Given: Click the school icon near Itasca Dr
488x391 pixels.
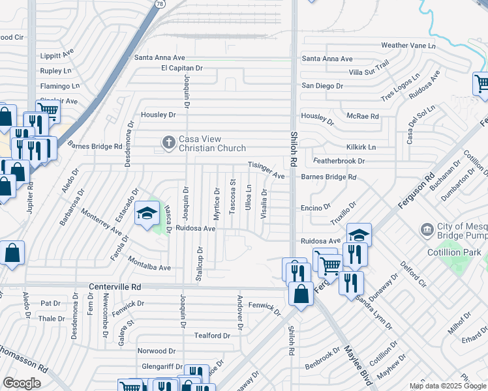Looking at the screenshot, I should click(147, 212).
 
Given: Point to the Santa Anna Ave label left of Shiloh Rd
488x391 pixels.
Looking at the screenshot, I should click(160, 57).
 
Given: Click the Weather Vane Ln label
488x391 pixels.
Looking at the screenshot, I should click(408, 46).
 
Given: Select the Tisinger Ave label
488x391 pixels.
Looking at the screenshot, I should click(266, 171).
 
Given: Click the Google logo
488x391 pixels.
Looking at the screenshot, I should click(22, 383).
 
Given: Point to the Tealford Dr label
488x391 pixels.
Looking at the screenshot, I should click(213, 336).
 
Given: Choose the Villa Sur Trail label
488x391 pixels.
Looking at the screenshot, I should click(369, 68).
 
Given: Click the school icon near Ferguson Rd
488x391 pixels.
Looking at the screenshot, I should click(358, 235).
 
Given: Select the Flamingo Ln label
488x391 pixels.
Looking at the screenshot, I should click(59, 86).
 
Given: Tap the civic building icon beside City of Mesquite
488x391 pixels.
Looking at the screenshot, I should click(427, 229).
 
